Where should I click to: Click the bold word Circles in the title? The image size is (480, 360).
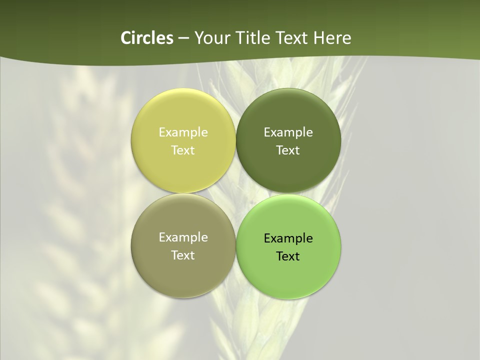point(147,38)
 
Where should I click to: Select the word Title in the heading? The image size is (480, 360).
point(252,38)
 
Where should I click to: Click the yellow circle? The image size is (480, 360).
point(183,110)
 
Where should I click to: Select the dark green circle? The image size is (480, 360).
point(288,110)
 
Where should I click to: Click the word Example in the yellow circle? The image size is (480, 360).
point(183,132)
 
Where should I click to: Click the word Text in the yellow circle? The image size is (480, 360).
point(183,150)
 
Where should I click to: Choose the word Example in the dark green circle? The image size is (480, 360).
point(288,132)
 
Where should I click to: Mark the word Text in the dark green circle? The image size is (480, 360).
point(288,150)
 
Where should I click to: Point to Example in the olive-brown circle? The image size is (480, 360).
point(183,237)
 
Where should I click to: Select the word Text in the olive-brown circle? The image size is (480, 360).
point(183,255)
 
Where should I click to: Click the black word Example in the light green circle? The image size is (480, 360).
point(288,238)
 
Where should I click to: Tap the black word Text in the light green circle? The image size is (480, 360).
point(288,256)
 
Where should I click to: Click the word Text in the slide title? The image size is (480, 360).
point(292,38)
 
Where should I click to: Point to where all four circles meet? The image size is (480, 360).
point(236,193)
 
